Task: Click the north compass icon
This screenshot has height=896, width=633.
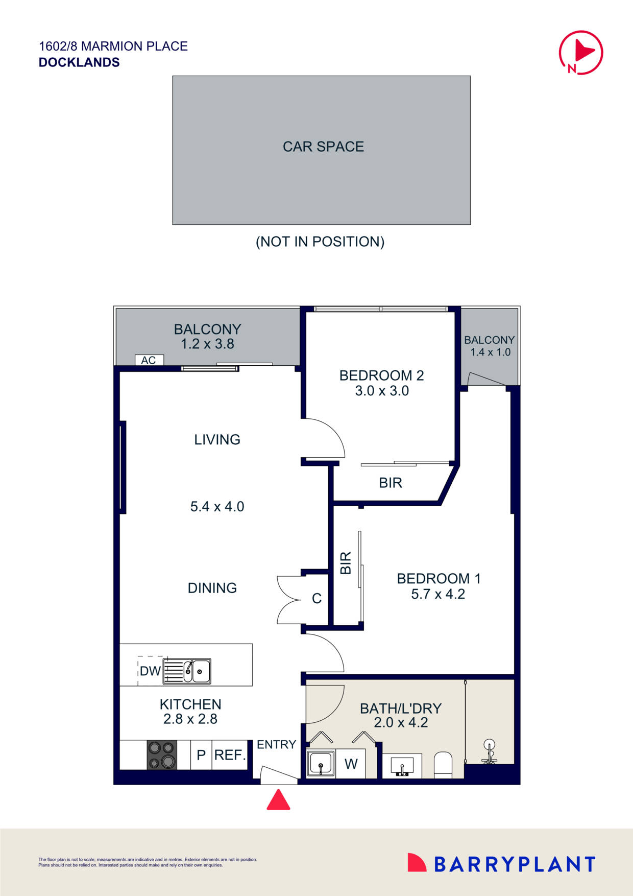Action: click(581, 53)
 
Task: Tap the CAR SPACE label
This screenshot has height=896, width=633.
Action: click(323, 147)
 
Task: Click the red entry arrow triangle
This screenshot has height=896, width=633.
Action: click(278, 800)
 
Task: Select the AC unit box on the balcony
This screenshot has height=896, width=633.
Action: click(149, 360)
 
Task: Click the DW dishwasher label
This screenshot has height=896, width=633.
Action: click(150, 671)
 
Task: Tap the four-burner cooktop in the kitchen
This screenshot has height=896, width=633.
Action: click(162, 755)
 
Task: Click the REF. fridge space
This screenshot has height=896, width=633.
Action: click(230, 755)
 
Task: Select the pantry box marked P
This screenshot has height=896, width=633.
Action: click(201, 755)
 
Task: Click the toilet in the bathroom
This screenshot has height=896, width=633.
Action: click(443, 764)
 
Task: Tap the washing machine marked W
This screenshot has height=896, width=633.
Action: click(351, 764)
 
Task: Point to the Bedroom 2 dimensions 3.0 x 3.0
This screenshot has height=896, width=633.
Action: click(382, 391)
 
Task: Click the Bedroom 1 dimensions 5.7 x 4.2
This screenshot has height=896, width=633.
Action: click(438, 594)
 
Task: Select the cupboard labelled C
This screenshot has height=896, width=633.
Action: click(316, 599)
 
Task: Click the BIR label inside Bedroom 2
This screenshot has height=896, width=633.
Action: click(391, 483)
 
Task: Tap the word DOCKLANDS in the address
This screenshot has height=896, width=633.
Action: click(79, 62)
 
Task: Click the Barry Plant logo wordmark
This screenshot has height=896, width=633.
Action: click(515, 864)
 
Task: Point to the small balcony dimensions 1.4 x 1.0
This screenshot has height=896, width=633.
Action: click(490, 352)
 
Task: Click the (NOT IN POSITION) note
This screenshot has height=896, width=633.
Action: click(320, 242)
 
